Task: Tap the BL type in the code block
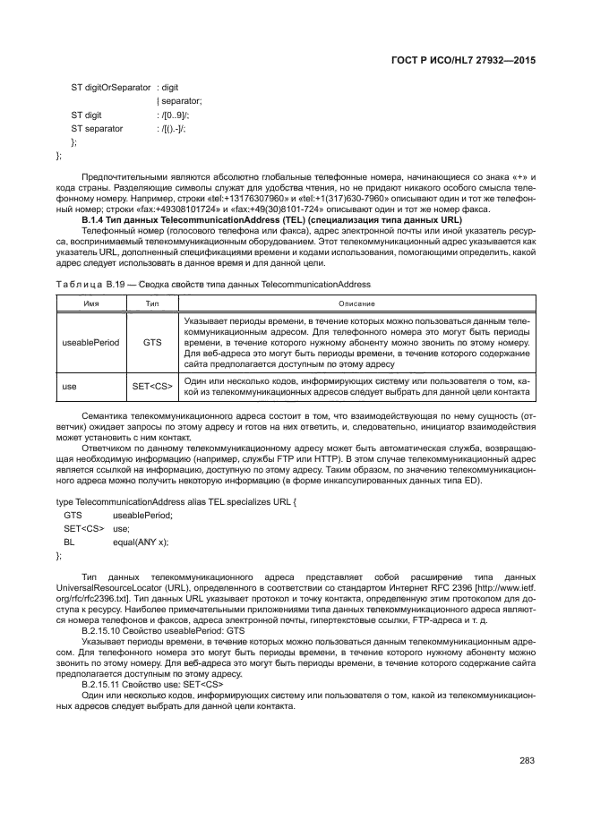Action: click(x=68, y=542)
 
